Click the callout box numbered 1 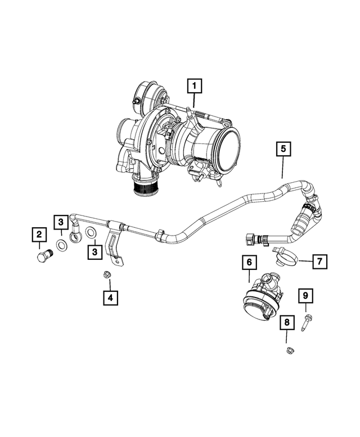[195, 86]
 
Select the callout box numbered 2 [38, 233]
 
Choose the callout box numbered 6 [249, 262]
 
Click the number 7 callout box [318, 261]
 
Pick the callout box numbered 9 [306, 295]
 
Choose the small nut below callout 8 [287, 352]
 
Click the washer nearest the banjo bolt [59, 247]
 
